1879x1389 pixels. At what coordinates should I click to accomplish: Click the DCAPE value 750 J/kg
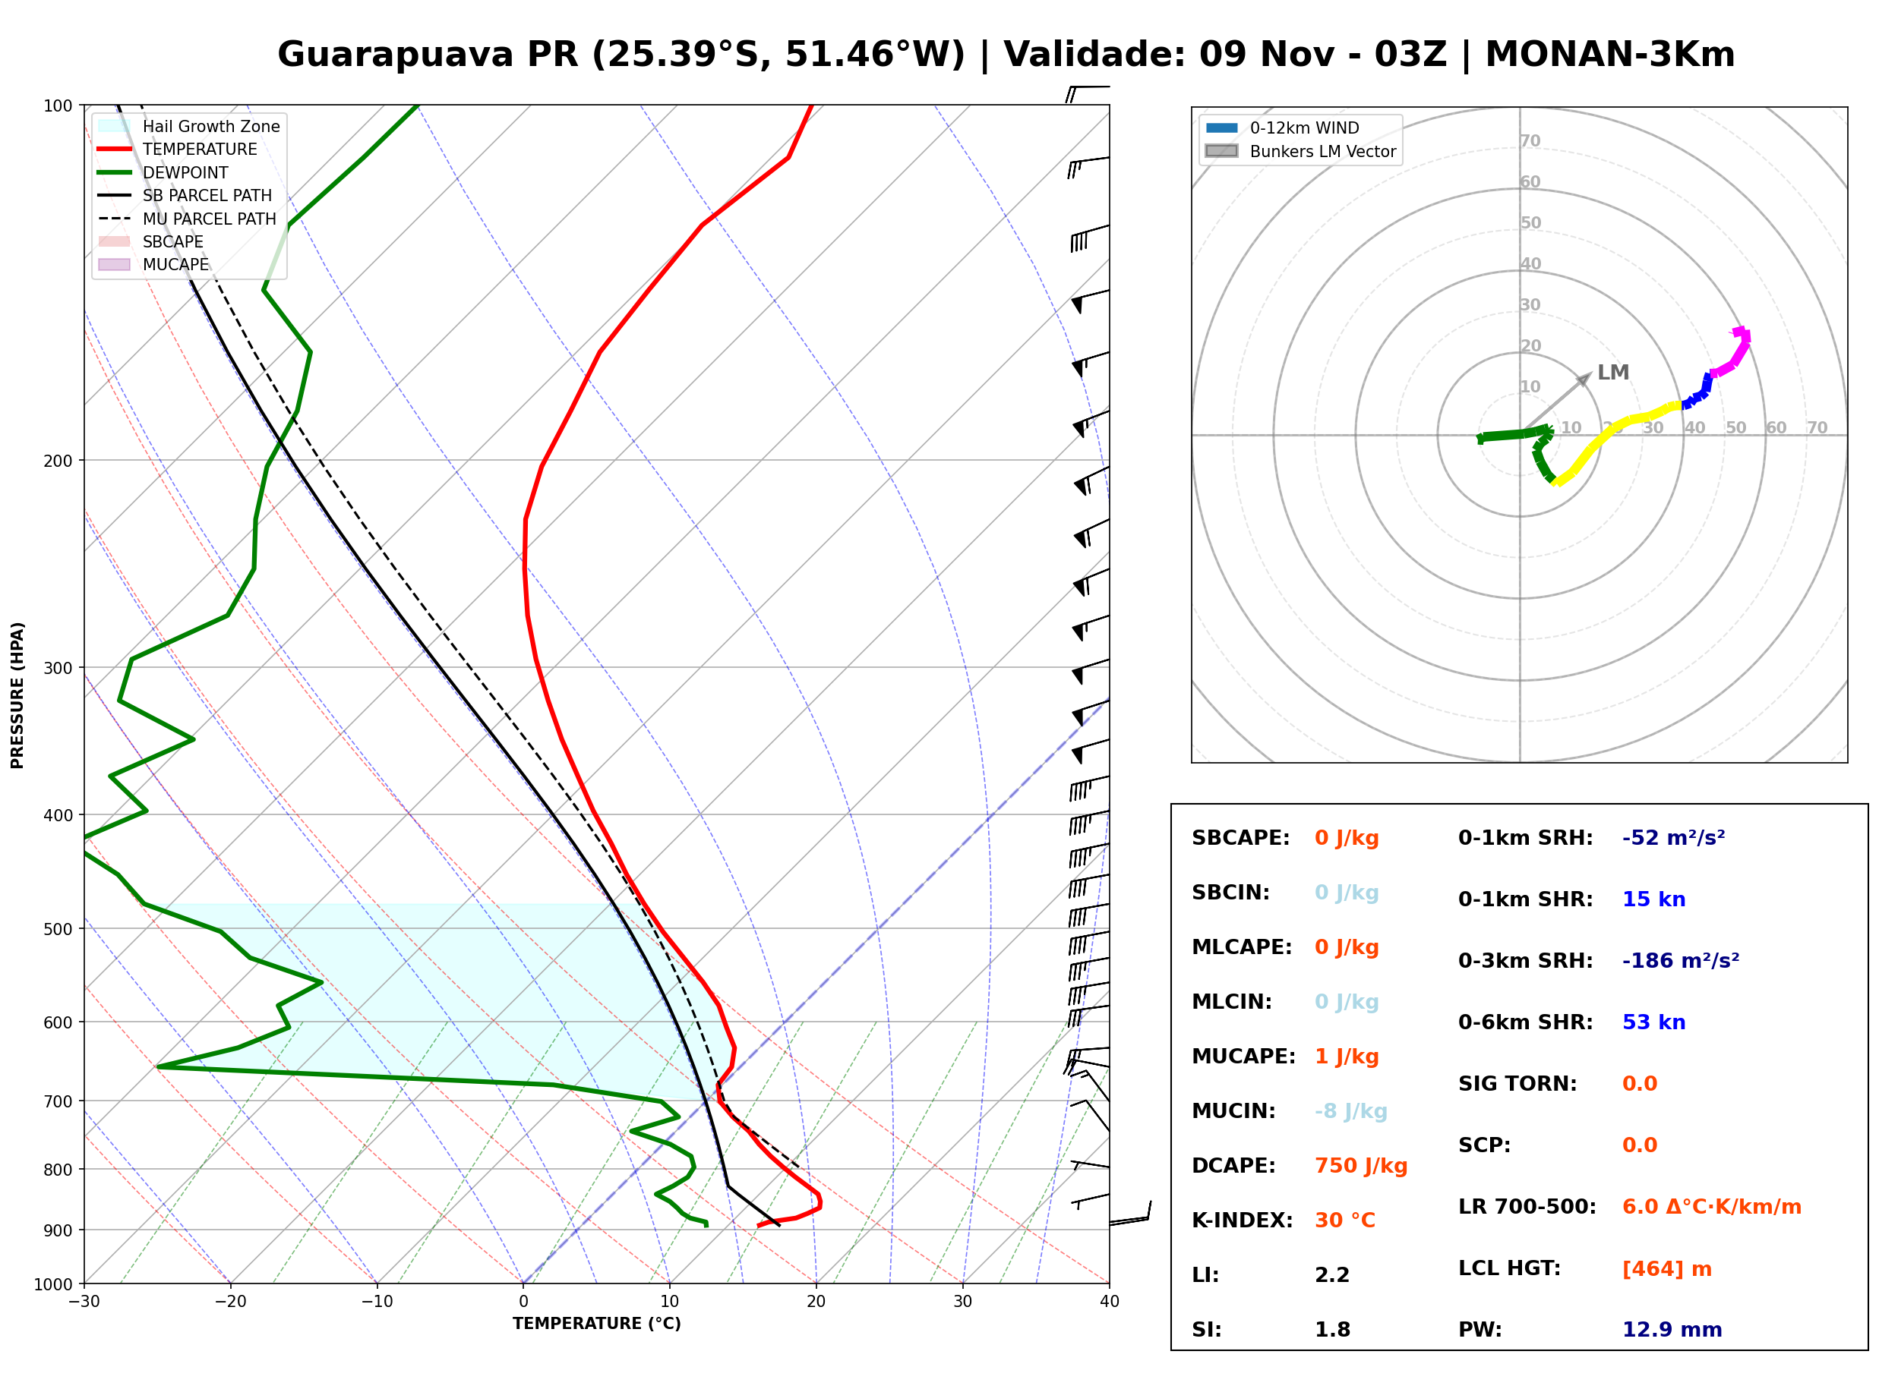point(1361,1166)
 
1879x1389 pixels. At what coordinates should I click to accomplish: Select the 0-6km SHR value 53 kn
point(1653,1022)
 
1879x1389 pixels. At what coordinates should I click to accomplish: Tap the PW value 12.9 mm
point(1672,1330)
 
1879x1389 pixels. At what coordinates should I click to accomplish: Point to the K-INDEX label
point(1243,1220)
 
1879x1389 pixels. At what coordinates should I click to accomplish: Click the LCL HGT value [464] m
point(1667,1269)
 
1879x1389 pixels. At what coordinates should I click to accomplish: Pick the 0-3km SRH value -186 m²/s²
point(1681,960)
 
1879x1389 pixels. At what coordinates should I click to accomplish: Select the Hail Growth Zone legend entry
point(189,126)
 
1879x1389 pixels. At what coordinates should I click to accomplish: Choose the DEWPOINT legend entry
point(163,172)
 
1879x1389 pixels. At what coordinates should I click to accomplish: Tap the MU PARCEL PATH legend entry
point(187,219)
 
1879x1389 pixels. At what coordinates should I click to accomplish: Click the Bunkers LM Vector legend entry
point(1300,151)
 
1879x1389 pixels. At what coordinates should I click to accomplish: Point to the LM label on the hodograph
point(1613,373)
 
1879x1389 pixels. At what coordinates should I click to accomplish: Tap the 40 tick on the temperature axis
point(1110,1302)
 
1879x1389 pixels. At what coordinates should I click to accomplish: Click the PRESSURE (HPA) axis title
point(17,695)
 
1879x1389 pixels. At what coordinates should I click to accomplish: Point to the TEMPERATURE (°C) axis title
point(597,1324)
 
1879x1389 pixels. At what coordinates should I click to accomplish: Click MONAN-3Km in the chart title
point(1610,55)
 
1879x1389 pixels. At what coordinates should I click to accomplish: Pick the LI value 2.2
point(1332,1275)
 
